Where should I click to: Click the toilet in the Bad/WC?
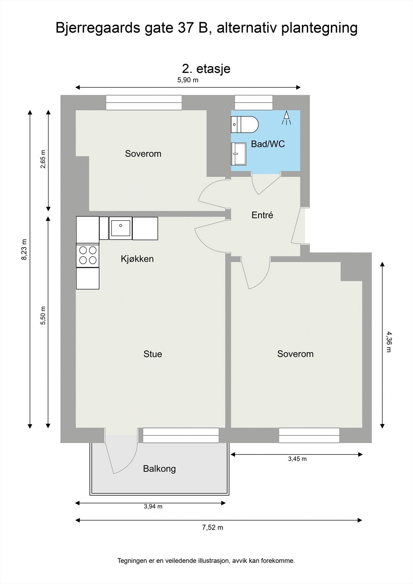245,124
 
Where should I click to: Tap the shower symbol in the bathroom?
286,118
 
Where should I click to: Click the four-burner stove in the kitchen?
88,255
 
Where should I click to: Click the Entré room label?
262,215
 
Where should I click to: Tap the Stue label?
153,354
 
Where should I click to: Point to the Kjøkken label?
137,259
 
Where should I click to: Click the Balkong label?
159,469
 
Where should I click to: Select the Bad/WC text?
268,144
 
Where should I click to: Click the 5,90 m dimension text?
188,80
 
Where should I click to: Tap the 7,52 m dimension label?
213,527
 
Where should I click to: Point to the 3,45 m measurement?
297,459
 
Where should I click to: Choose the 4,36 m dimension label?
389,342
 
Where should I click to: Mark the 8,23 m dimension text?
24,250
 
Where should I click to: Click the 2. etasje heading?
206,68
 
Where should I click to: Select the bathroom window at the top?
253,103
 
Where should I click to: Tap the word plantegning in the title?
319,28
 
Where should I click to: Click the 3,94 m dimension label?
153,506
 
